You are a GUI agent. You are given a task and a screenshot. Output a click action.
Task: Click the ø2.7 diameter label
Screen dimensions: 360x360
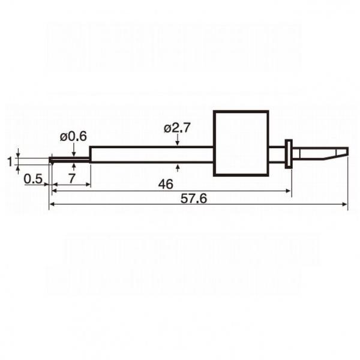177,128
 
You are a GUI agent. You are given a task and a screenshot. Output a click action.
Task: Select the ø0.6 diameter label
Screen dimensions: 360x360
73,137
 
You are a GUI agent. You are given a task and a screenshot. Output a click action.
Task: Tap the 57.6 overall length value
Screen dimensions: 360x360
194,199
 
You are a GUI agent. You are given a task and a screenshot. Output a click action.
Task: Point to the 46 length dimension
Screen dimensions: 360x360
166,184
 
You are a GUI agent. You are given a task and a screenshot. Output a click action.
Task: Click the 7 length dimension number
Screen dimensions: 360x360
72,178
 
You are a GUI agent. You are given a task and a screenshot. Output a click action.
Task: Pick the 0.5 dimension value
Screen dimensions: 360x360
33,179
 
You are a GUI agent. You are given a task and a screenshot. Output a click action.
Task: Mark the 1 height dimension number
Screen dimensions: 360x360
10,161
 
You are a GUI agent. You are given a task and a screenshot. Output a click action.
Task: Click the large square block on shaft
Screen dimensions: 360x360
241,143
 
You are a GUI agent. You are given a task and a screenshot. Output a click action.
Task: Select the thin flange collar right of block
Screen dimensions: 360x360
289,154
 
